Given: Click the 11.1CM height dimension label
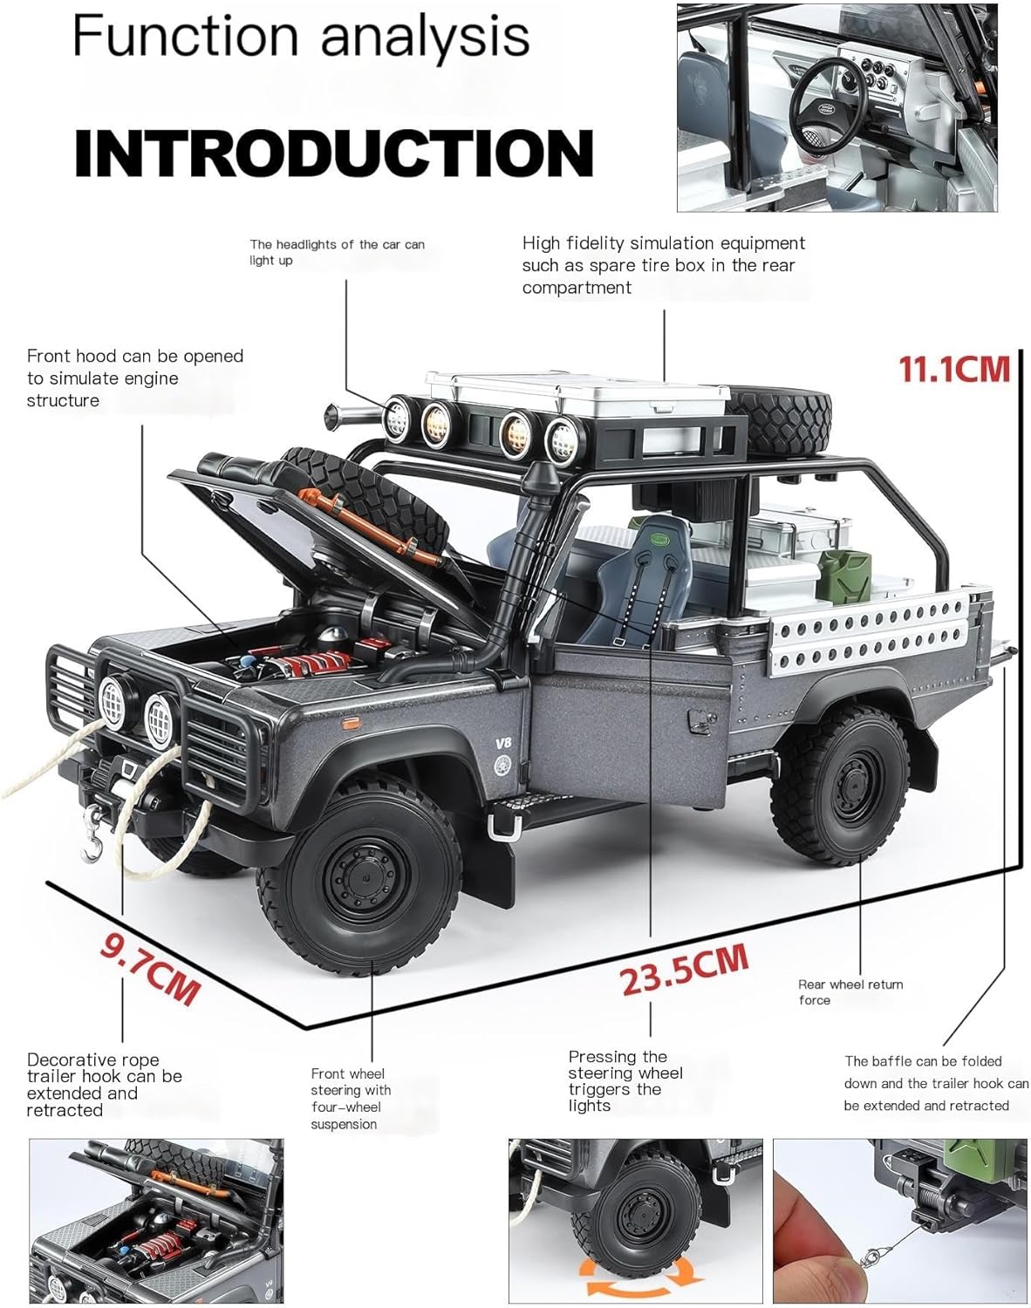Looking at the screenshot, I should coord(954,369).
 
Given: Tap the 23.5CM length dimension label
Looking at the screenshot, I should coord(685,967).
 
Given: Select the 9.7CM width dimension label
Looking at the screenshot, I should coord(150,968).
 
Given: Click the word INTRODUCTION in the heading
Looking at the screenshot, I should coord(333,153).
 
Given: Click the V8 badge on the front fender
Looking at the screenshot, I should coord(502,744).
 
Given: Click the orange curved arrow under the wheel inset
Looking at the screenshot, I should coord(643,1282).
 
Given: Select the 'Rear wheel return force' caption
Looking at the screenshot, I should coord(850,991).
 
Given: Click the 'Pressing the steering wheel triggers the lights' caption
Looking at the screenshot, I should coord(625,1080).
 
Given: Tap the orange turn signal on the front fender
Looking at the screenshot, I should coord(352,722).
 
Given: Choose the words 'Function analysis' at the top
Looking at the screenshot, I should coord(301,37).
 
